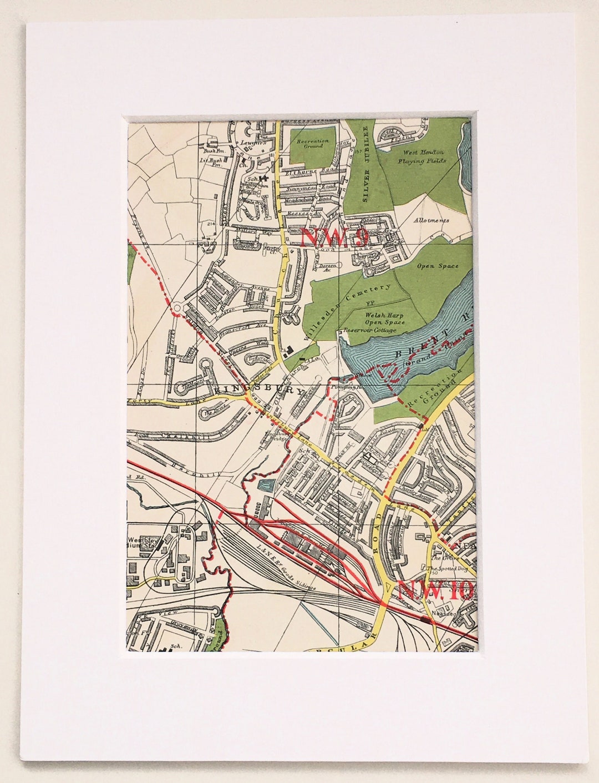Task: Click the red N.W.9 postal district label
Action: click(x=334, y=238)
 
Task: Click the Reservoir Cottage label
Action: click(x=370, y=330)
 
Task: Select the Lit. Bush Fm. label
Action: click(x=211, y=162)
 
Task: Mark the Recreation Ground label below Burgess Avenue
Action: click(x=313, y=144)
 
